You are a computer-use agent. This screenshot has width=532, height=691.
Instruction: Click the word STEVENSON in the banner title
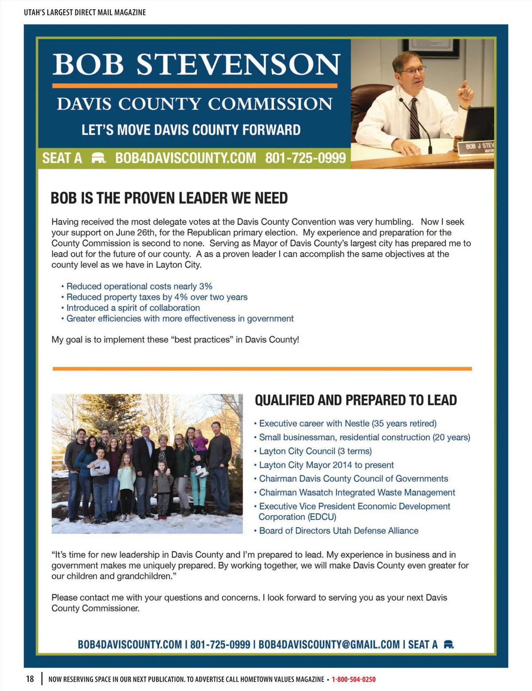point(239,65)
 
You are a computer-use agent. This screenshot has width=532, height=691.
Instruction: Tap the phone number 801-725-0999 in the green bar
point(305,158)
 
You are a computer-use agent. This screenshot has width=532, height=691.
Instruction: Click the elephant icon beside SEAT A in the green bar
point(98,158)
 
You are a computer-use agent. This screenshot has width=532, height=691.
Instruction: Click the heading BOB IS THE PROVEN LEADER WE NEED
point(169,198)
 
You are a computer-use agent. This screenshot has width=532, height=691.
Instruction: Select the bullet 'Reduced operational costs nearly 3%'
point(139,286)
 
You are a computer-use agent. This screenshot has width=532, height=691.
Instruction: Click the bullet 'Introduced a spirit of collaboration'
point(133,308)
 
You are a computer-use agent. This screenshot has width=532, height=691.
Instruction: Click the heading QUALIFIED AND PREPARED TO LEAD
point(356,400)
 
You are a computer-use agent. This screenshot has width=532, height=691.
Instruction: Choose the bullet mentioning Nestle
point(348,424)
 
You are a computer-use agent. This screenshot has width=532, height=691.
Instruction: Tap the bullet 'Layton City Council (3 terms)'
point(315,451)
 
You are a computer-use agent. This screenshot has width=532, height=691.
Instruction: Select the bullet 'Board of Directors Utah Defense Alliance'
point(339,530)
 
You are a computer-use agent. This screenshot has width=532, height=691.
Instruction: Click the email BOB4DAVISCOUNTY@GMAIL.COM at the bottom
point(329,644)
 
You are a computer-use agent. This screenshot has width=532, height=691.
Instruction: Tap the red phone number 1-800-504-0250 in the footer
point(353,679)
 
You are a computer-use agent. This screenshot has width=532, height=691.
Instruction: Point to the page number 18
point(30,679)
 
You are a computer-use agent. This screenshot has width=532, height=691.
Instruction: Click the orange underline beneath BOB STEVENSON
point(195,86)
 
